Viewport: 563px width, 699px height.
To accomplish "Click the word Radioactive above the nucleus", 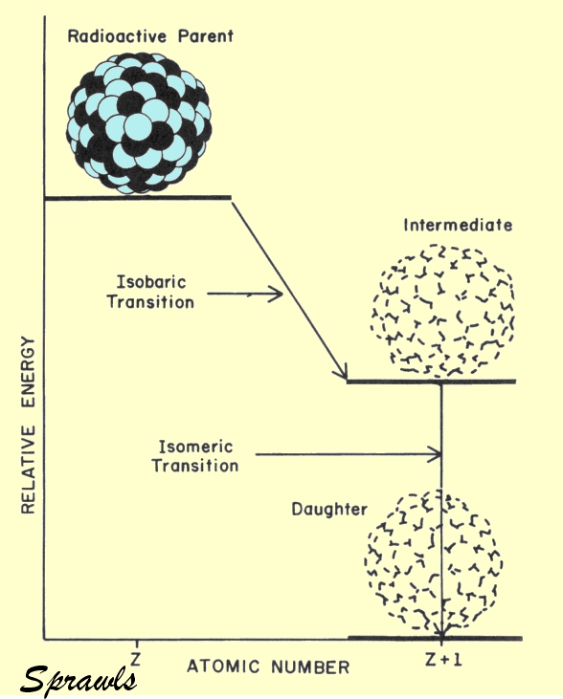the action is coord(117,36).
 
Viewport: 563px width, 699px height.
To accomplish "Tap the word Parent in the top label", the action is coord(205,36).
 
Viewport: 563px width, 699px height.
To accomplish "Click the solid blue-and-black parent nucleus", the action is coord(139,124).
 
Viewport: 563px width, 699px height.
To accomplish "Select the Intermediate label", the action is coord(458,225).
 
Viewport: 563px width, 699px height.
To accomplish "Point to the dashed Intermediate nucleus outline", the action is coord(442,311).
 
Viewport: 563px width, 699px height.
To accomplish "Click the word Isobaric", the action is coord(151,282).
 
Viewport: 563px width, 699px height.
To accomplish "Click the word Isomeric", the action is coord(195,447).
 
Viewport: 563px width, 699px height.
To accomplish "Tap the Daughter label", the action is coord(329,509).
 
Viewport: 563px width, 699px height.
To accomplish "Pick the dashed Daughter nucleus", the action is coord(434,562).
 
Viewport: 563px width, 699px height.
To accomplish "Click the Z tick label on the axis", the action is coord(135,659).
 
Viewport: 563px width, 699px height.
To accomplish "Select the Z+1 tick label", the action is coord(443,660).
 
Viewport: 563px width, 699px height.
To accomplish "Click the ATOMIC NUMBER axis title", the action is coord(268,666).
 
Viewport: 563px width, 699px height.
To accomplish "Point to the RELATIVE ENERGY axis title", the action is coord(28,426).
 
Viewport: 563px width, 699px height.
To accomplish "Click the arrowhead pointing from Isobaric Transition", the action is coord(276,294).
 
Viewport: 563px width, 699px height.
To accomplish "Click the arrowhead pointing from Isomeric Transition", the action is coord(434,455).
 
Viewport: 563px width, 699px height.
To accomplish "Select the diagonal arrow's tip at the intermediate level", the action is coord(347,379).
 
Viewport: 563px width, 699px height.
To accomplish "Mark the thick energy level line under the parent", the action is coord(138,198).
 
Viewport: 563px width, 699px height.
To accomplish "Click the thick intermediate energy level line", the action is coord(431,382).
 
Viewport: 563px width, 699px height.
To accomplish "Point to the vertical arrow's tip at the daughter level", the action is coord(441,637).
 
